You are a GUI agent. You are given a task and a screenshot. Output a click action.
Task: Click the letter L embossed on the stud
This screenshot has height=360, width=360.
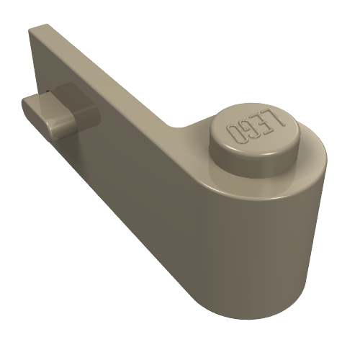point(276,118)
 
